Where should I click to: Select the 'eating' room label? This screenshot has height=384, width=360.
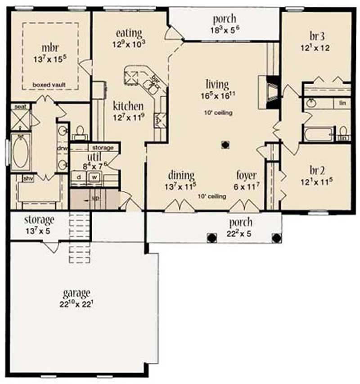click(x=129, y=33)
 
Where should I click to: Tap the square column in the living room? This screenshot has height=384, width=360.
click(x=225, y=145)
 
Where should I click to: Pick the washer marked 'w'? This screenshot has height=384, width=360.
click(x=95, y=177)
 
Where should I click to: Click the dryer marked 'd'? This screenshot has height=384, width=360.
click(x=79, y=177)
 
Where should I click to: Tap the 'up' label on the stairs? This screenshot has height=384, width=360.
click(x=96, y=199)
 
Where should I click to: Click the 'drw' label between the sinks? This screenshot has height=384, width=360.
click(x=62, y=148)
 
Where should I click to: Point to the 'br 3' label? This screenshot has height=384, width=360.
click(x=315, y=36)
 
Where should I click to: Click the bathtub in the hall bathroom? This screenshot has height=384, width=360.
click(x=318, y=134)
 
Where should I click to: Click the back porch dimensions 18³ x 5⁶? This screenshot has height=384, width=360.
click(x=224, y=31)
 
